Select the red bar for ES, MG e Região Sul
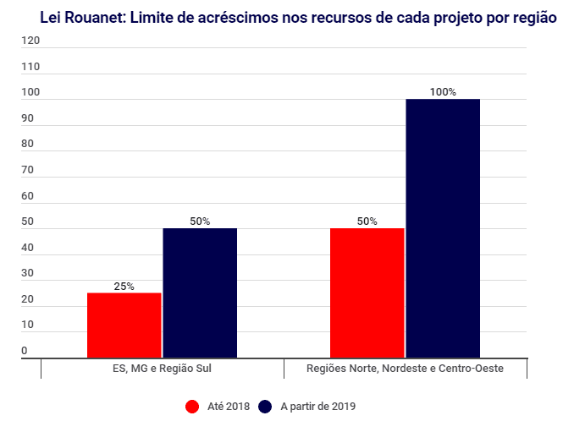[x=124, y=325]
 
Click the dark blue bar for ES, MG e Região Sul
[x=200, y=293]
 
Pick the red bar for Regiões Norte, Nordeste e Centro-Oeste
[x=367, y=293]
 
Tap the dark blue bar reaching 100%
[x=443, y=229]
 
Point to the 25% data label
[x=124, y=287]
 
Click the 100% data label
[x=443, y=92]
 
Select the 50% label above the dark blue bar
[x=200, y=221]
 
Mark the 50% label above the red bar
[x=367, y=221]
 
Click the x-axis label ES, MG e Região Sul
[x=162, y=369]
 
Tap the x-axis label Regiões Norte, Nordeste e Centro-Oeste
[x=405, y=369]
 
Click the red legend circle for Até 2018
[x=191, y=407]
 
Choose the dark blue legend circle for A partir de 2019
[x=264, y=407]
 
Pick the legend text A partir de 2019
[x=318, y=407]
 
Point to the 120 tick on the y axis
[x=30, y=41]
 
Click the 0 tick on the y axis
[x=25, y=351]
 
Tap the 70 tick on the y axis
[x=28, y=170]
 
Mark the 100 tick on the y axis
[x=30, y=92]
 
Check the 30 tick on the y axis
[x=28, y=273]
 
